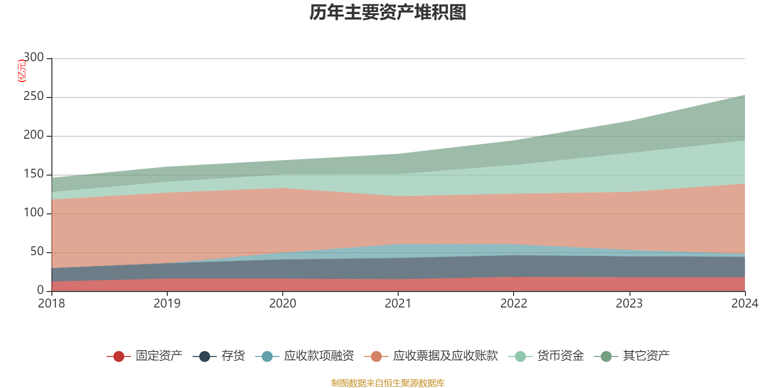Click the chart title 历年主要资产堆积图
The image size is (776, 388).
coord(388,13)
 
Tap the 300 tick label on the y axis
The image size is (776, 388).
coord(33,57)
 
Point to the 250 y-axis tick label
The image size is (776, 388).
coord(33,96)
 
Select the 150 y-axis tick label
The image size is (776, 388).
coord(33,174)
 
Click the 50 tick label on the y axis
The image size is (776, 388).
coord(37,251)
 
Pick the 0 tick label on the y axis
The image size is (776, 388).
coord(41,290)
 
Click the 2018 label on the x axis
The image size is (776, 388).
coord(51,304)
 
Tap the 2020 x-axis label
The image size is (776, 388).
coord(283,304)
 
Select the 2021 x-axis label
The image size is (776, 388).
coord(398,304)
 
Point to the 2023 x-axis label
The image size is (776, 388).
coord(629,304)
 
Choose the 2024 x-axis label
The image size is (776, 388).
coord(745,304)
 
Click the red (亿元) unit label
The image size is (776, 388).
coord(22,71)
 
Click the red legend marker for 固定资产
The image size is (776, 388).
coord(119,356)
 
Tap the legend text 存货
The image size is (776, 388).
coord(233,356)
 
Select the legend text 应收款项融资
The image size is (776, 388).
coord(319,356)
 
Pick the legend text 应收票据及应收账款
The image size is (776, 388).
coord(445,356)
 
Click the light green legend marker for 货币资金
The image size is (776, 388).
coord(520,356)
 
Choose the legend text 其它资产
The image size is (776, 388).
coord(646,356)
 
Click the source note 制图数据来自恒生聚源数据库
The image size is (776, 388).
coord(388,383)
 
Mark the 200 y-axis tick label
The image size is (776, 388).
coord(33,135)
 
